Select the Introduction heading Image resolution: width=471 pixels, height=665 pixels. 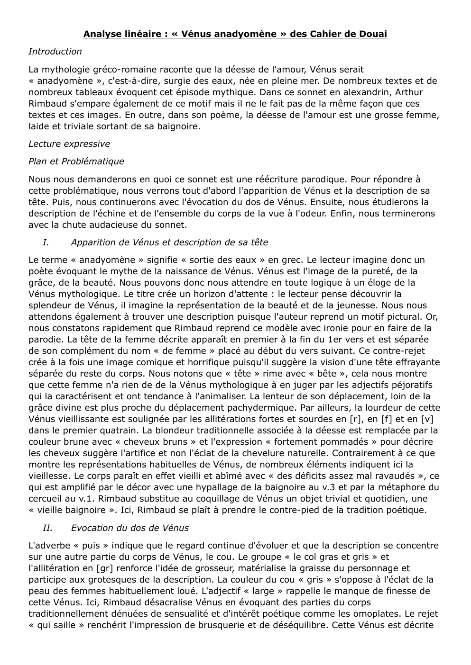(55, 52)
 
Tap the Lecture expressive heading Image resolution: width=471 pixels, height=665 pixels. (69, 144)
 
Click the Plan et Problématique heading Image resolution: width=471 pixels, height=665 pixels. (76, 162)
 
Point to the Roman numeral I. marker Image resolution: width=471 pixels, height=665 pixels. (46, 243)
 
